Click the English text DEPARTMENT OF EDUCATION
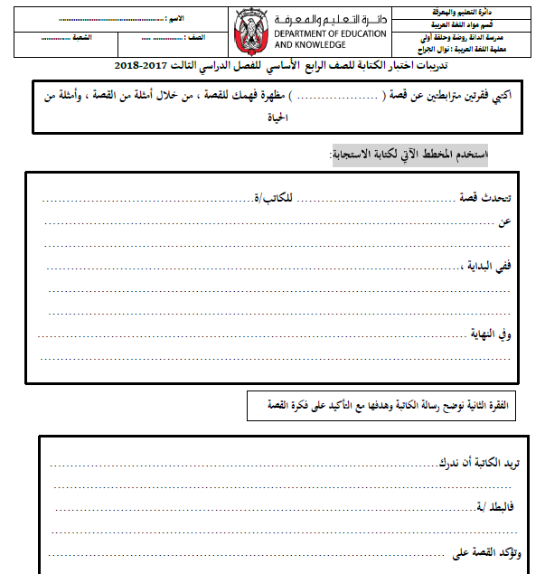pyautogui.click(x=330, y=33)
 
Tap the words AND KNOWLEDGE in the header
pyautogui.click(x=309, y=44)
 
